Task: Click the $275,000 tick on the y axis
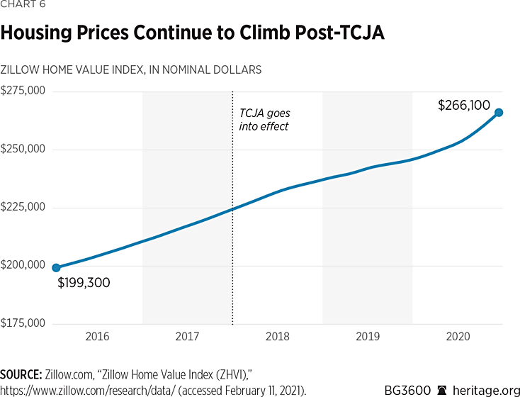coord(23,91)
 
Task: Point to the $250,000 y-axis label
coord(23,150)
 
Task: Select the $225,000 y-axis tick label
coord(23,208)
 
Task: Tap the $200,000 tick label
coord(23,266)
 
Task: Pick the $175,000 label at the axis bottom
coord(23,324)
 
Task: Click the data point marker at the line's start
coord(56,268)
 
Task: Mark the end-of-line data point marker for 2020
coord(499,112)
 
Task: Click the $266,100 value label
coord(464,106)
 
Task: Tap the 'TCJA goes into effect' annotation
coord(264,120)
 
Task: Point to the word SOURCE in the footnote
coord(22,374)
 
